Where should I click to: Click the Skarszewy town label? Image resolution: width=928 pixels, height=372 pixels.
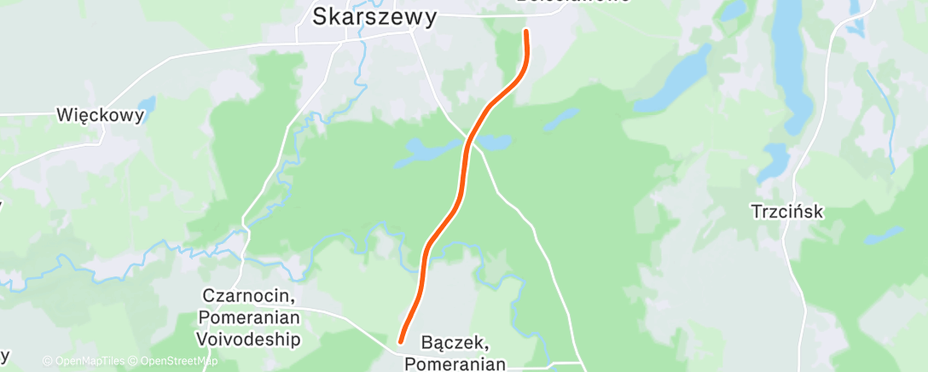coord(374,16)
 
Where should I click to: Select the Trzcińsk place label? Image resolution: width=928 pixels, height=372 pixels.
coord(787,211)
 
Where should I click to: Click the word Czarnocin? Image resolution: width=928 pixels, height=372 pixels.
coord(248,297)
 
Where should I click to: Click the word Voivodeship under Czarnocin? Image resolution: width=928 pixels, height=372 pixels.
coord(248,339)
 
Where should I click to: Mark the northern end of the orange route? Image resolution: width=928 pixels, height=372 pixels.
coord(525,32)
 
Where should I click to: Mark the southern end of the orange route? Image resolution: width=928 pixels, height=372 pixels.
coord(400,341)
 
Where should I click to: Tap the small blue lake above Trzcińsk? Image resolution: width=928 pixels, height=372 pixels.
coord(775,160)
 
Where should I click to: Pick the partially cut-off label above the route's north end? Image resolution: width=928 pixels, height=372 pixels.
coord(573,3)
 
